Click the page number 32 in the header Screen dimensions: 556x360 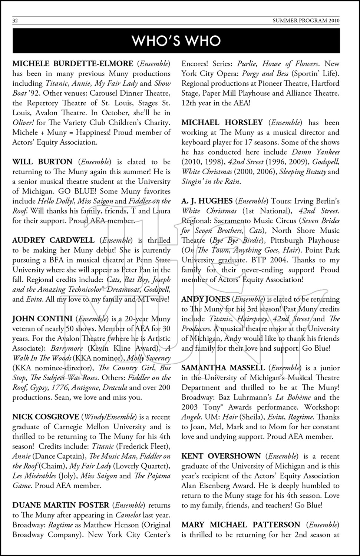(15, 21)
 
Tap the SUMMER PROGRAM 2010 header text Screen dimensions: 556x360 (313, 21)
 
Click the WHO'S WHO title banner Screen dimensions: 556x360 (176, 41)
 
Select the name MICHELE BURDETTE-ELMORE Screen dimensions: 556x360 (73, 63)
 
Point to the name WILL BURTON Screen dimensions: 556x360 (42, 162)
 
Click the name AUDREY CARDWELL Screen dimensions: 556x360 (53, 240)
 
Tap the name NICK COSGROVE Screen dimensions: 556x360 (46, 417)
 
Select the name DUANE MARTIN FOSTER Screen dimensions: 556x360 (61, 505)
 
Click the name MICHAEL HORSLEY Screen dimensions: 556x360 (222, 122)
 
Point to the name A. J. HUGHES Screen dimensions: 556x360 (207, 201)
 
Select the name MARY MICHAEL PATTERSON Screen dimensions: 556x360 (241, 525)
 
